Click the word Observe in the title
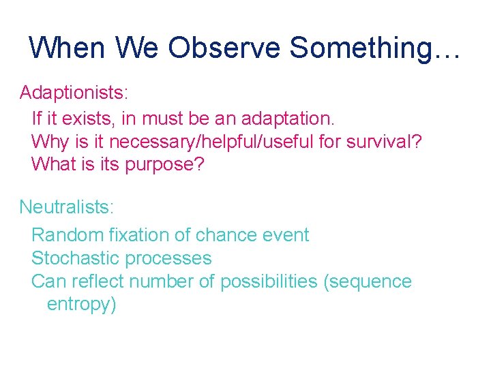tap(224, 48)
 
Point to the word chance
tap(226, 235)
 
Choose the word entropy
tap(81, 305)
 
